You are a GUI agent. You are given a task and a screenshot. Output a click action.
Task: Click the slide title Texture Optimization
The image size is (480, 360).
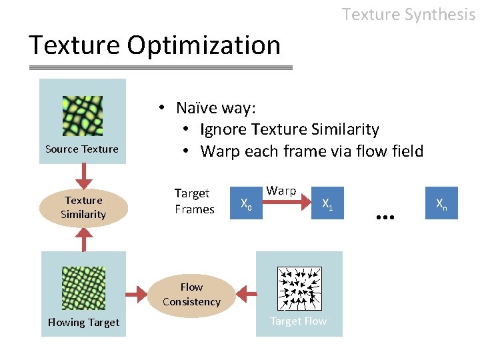pos(155,45)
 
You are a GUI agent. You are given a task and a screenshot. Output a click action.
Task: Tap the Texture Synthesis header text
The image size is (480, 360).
pos(408,14)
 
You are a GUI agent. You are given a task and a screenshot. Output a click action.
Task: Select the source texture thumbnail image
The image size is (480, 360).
pos(82,116)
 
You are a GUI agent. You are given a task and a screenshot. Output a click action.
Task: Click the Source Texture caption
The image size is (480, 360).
pos(82,149)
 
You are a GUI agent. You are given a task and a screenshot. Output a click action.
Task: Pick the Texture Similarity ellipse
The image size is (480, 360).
pos(83,207)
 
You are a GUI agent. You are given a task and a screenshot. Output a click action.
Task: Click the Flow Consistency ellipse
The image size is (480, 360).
pos(191,294)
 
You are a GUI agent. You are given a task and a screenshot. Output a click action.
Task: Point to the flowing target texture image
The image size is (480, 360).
pos(83,288)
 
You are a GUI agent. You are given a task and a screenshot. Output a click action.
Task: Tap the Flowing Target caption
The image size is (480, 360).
pos(83,323)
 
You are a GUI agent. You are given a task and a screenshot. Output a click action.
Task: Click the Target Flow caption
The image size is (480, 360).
pos(298,321)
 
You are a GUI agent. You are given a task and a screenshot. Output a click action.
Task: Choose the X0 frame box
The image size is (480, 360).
pos(246,203)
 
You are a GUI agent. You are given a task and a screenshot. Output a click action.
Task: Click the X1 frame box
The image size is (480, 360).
pos(327,203)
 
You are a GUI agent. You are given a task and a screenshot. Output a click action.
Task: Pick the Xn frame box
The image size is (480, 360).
pos(441,203)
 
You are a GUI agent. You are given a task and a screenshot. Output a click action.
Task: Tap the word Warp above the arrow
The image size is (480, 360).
pos(281,191)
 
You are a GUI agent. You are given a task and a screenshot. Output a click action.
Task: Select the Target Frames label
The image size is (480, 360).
pos(194,201)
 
